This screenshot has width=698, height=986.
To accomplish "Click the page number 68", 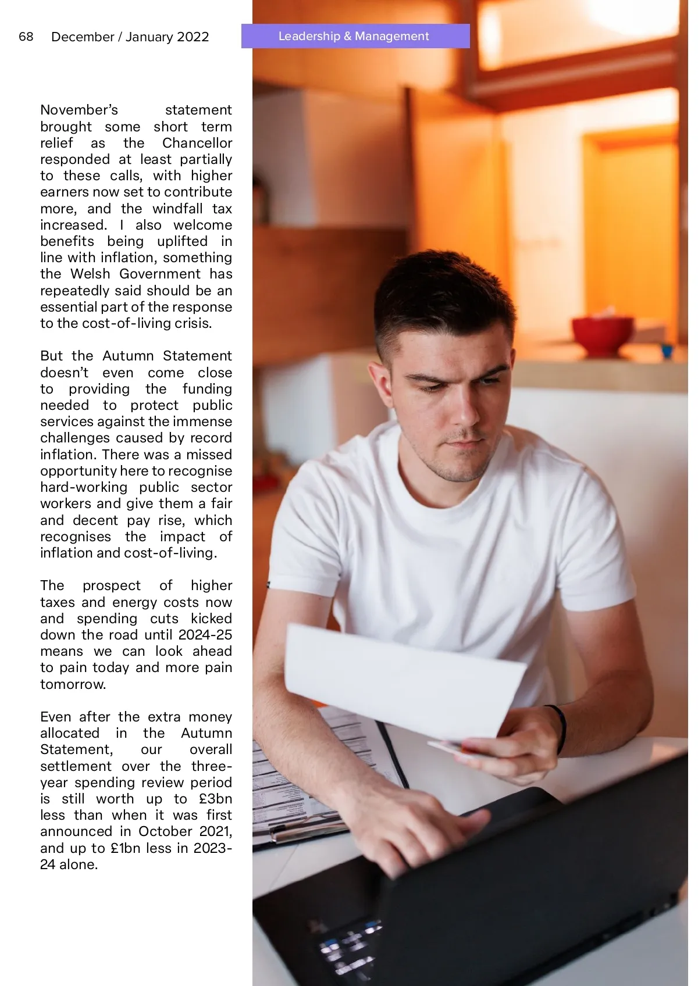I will click(26, 37).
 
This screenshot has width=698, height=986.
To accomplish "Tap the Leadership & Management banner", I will click(355, 36).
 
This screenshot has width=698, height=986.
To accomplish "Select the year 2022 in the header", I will click(193, 37).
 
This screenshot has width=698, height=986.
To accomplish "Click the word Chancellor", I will click(197, 143).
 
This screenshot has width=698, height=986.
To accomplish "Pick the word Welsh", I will click(90, 274).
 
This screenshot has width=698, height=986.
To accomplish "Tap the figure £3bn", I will click(215, 799).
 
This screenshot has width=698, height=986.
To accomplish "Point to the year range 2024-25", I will click(205, 635).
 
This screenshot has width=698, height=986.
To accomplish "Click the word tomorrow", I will click(73, 684).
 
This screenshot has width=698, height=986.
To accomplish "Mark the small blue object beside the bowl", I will click(667, 351).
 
